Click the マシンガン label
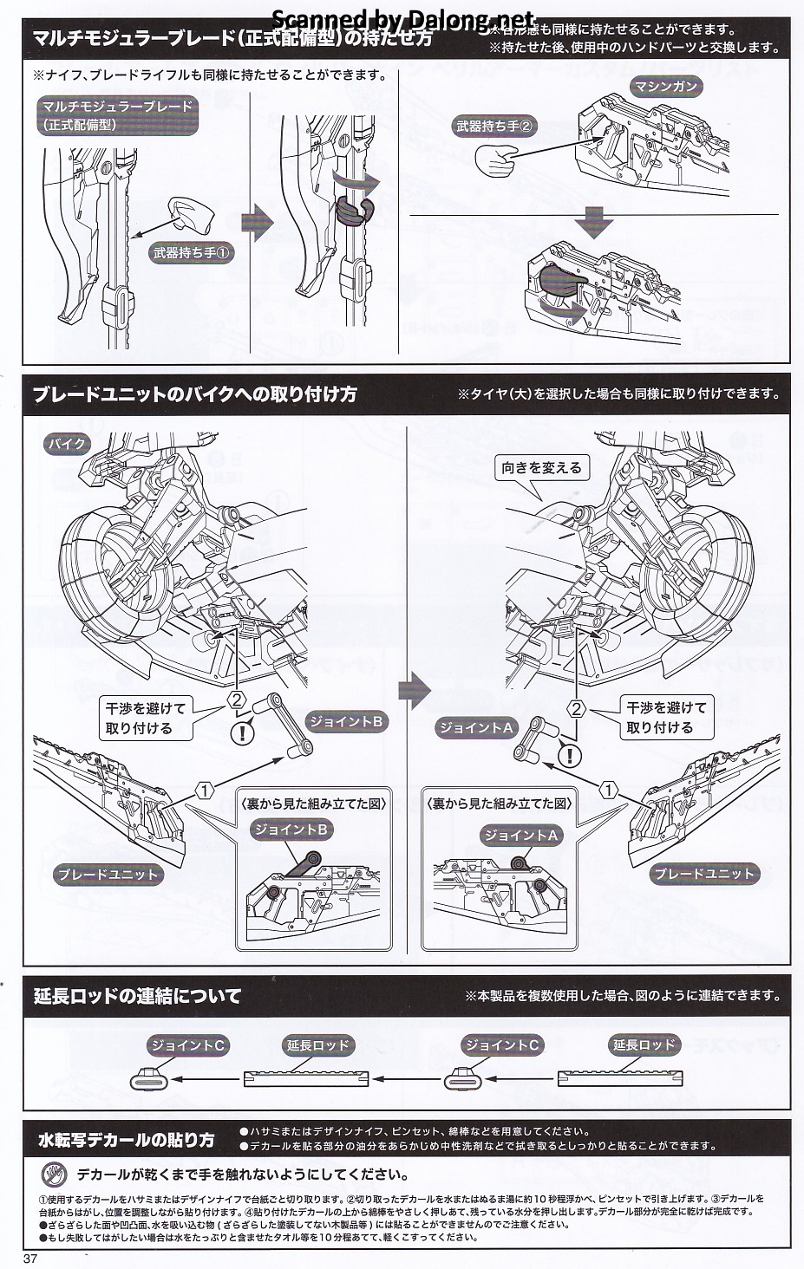665,87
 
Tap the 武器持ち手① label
191,254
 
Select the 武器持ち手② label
495,126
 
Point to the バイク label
67,445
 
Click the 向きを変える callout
542,468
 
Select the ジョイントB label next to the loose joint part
346,721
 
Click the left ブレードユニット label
108,874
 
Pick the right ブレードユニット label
704,874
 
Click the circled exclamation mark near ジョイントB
242,732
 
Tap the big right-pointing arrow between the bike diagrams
415,690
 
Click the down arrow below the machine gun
597,221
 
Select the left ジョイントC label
187,1044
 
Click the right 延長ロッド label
644,1044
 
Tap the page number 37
32,1258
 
